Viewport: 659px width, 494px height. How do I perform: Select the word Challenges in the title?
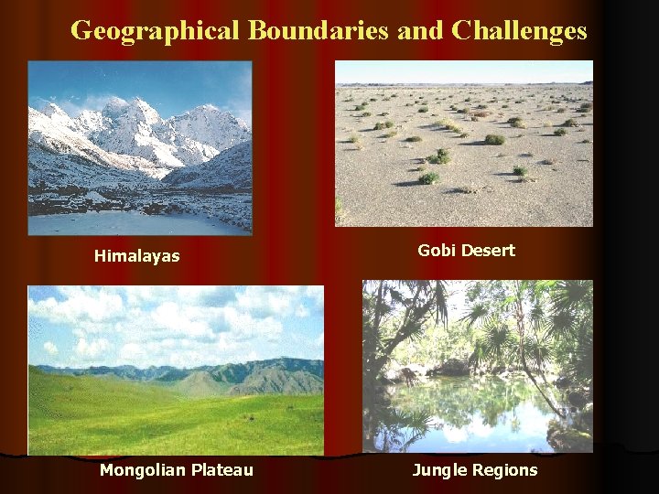coord(519,31)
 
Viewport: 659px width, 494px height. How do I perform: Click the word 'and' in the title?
coord(420,31)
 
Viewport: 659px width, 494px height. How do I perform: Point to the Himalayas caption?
coord(136,257)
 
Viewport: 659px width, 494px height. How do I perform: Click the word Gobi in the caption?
coord(436,250)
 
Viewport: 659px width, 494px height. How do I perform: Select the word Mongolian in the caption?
coord(143,470)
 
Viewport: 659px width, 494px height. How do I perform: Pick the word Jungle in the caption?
coord(439,470)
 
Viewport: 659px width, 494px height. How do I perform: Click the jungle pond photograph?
coord(477,366)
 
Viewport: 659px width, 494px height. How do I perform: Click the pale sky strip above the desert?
coord(464,72)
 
